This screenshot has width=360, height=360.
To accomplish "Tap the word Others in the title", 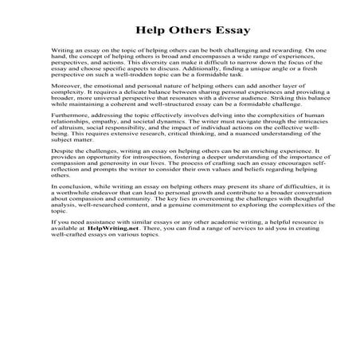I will tap(179, 31).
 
